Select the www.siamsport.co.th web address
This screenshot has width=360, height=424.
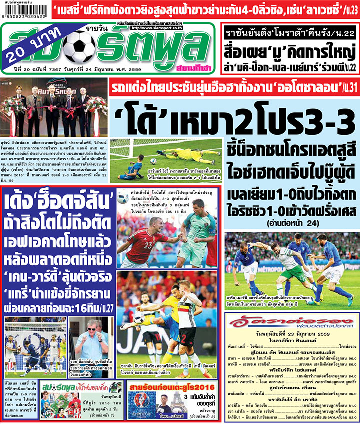(155, 28)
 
